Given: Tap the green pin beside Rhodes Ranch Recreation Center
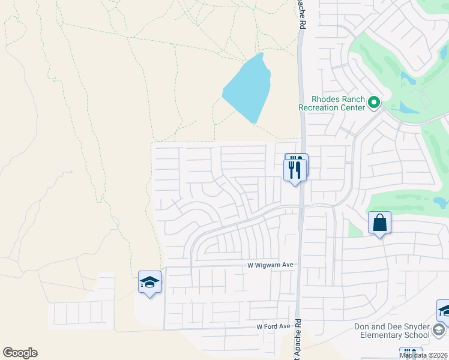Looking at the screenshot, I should [x=374, y=103].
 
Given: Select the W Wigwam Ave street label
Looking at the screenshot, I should [x=270, y=265].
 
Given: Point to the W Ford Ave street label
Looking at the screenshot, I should [x=273, y=326].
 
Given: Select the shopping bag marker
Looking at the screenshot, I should [x=379, y=223].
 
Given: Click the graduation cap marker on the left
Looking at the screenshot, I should [x=149, y=282].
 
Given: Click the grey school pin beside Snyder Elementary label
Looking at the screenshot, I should [x=439, y=330].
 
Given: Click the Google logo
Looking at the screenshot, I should [x=20, y=353].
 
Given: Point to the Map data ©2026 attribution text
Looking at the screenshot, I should [x=424, y=355].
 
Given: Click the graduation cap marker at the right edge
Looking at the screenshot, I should [x=444, y=311].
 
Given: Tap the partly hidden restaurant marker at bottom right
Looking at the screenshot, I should [x=411, y=353].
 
